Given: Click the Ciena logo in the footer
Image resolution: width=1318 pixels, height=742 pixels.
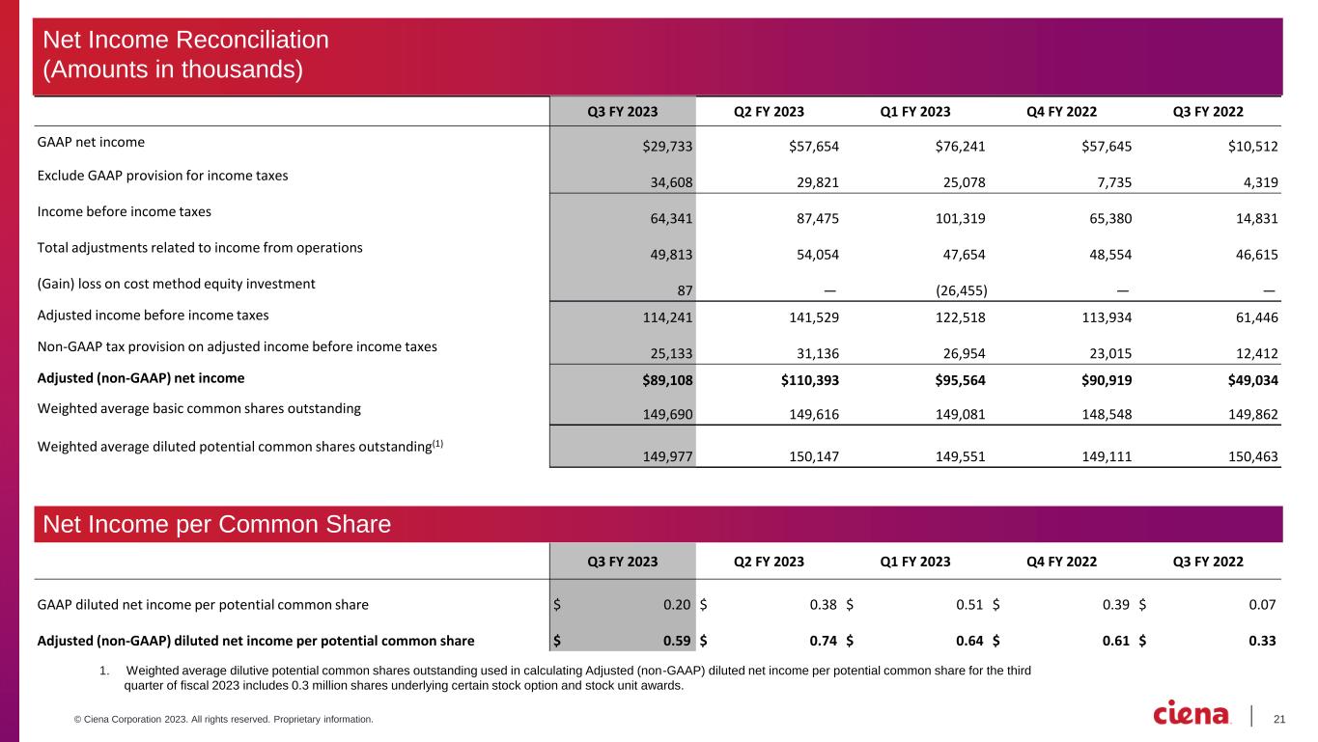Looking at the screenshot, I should click(x=1192, y=713).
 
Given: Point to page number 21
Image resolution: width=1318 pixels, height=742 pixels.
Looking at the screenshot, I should click(x=1280, y=717).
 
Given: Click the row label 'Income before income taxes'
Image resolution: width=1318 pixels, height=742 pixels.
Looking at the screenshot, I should click(x=124, y=211).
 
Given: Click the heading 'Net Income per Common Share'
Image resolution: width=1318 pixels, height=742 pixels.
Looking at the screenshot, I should click(x=215, y=524).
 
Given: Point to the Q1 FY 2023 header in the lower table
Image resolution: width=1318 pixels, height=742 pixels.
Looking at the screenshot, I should click(x=914, y=562).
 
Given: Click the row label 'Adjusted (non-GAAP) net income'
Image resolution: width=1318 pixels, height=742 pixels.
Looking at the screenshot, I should click(x=141, y=378).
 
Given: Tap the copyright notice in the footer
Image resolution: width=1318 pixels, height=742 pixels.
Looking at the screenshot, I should click(x=204, y=720).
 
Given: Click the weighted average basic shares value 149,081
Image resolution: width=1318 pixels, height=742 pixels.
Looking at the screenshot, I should click(x=960, y=413).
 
